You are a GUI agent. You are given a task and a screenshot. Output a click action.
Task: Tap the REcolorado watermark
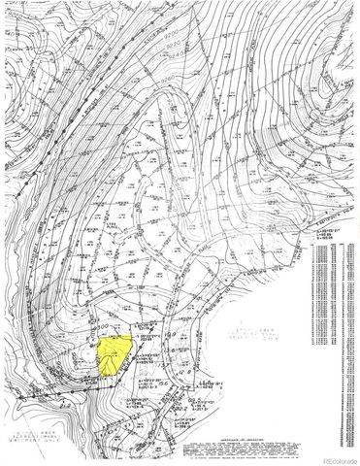point(336,456)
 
